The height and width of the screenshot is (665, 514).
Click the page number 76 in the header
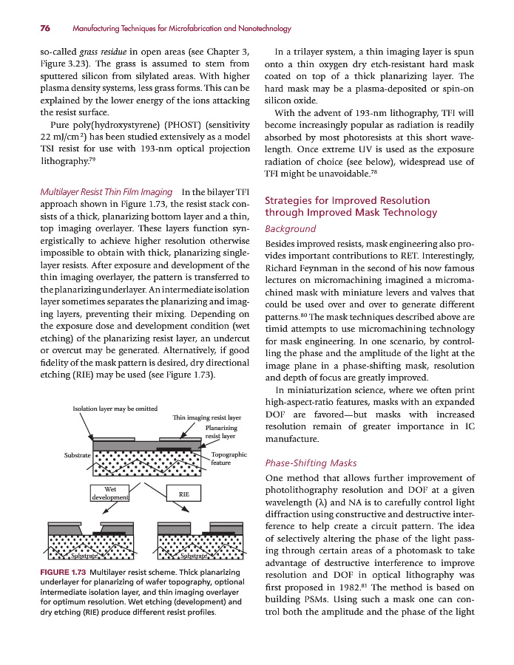click(44, 28)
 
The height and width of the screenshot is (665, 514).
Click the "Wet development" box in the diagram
click(109, 494)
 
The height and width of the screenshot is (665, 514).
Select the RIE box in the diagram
click(185, 494)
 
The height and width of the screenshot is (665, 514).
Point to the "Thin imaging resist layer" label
click(207, 418)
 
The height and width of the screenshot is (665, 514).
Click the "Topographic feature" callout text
click(229, 459)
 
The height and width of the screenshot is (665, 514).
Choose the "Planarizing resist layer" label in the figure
click(221, 432)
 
